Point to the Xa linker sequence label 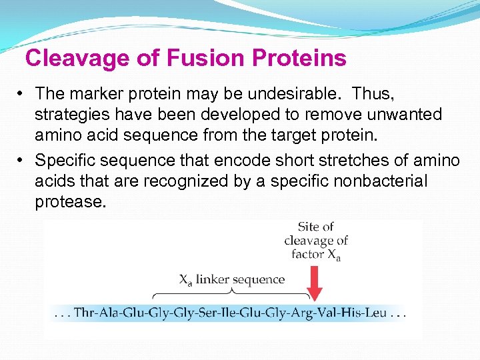pyautogui.click(x=231, y=280)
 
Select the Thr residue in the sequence pyautogui.click(x=85, y=312)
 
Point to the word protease pyautogui.click(x=70, y=202)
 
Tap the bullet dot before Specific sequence pyautogui.click(x=21, y=161)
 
